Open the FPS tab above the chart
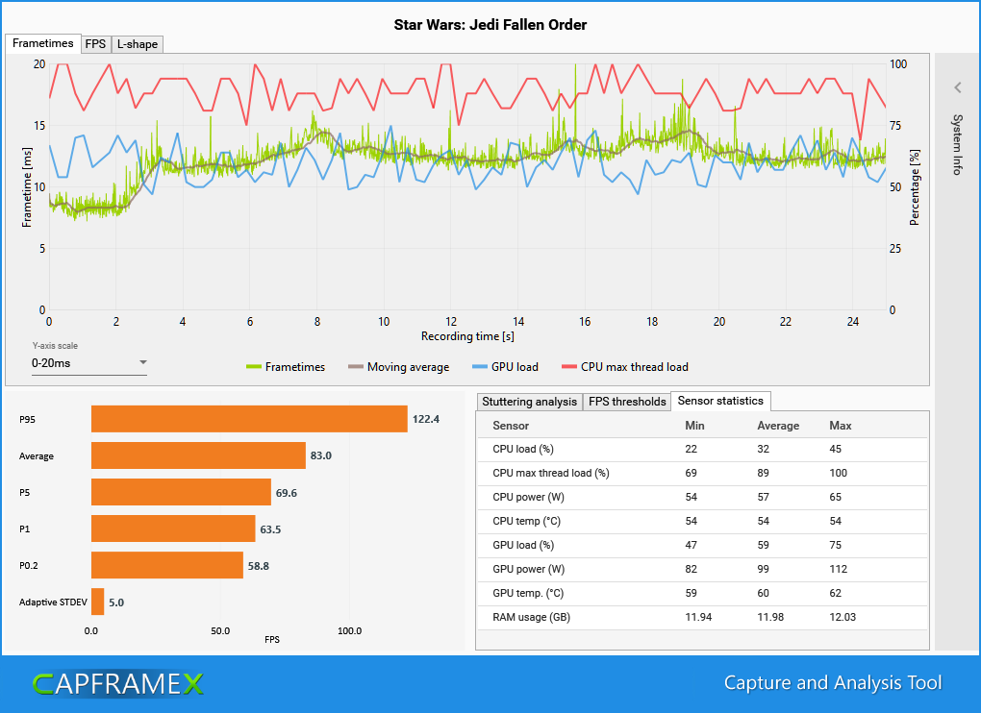pos(95,44)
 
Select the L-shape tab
pos(138,44)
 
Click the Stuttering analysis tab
pos(529,401)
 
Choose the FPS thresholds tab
pos(627,401)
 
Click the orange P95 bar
pos(249,419)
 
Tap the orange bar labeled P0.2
pos(166,565)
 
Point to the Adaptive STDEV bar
pos(98,602)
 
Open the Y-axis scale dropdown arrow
pos(143,363)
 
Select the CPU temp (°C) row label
pos(527,522)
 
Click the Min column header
pos(694,426)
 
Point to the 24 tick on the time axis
pos(853,321)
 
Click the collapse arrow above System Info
pos(957,87)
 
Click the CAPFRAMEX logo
pos(117,683)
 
